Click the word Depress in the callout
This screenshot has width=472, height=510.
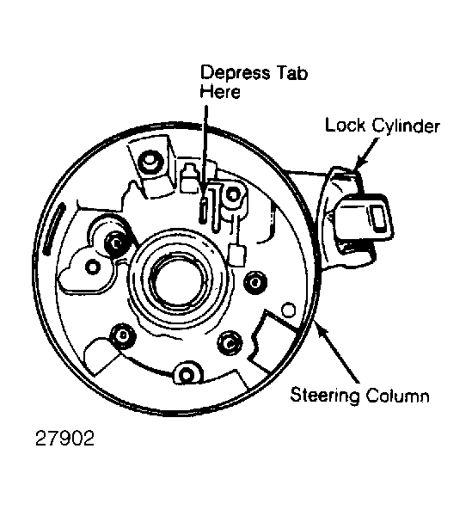[235, 73]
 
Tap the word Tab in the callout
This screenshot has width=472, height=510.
[292, 72]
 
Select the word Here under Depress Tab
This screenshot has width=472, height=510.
[220, 91]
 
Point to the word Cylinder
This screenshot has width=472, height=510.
[406, 126]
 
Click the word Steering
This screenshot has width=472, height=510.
[325, 395]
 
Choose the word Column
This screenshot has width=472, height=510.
[397, 396]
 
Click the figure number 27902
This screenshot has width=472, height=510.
[64, 438]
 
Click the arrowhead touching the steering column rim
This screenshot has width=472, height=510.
[320, 328]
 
